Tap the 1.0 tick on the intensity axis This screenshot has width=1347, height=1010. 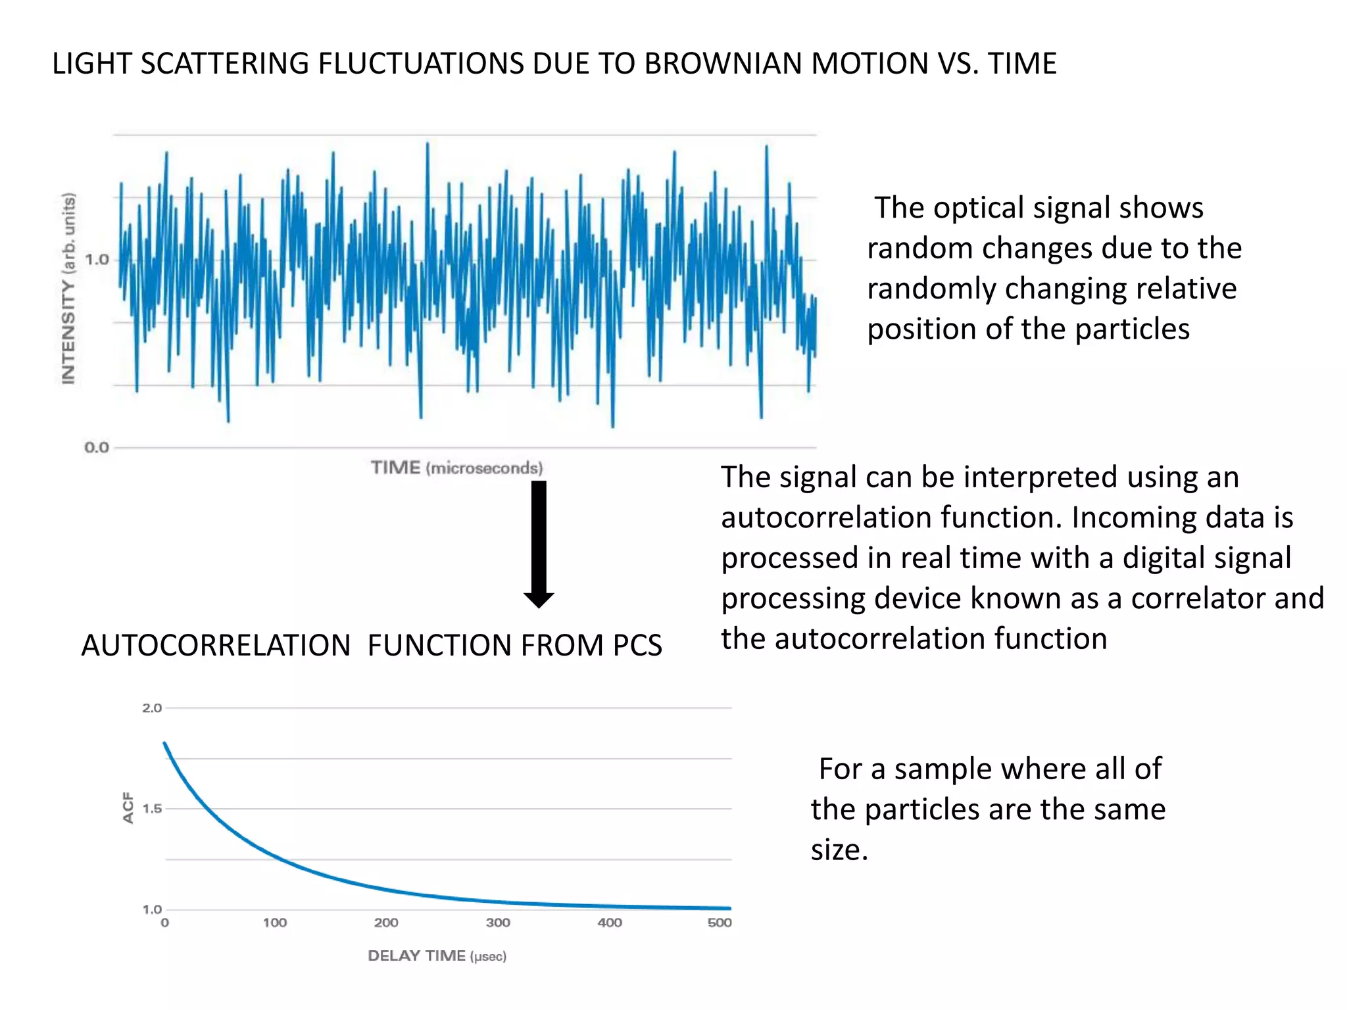coord(97,260)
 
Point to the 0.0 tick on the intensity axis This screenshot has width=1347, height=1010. coord(97,448)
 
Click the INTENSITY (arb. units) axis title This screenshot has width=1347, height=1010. coord(68,288)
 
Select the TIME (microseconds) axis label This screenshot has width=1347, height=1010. coord(456,468)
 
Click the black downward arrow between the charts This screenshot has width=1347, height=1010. coord(539,542)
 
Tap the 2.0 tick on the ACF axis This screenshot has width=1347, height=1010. coord(152,708)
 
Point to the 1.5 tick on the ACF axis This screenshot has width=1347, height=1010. coord(152,809)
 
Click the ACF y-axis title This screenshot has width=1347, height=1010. coord(128,807)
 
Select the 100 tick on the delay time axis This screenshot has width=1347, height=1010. coord(275,923)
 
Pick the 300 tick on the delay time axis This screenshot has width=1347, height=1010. coord(498,923)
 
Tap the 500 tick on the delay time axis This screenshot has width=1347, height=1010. coord(720,923)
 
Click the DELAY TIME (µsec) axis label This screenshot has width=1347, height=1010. coord(437,956)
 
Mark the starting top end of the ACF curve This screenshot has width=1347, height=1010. coord(164,744)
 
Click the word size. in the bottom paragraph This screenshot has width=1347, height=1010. coord(839,850)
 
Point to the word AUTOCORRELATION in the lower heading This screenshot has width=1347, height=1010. coord(216,645)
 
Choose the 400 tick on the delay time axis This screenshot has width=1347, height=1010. coord(610,923)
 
